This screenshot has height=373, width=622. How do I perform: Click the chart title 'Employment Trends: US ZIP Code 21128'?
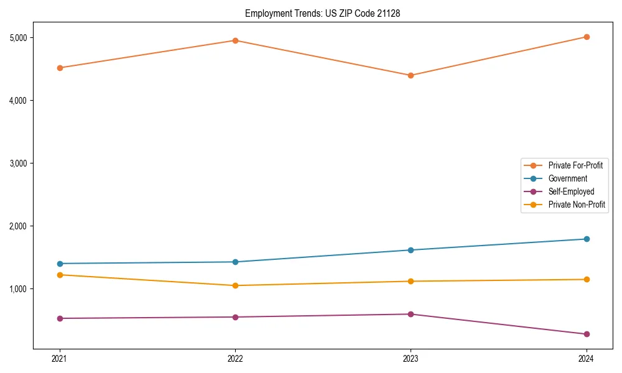[322, 13]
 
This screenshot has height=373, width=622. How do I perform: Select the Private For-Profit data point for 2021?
[60, 68]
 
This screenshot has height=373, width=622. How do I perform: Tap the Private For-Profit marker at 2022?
[235, 40]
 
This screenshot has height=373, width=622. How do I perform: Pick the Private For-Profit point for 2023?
[411, 75]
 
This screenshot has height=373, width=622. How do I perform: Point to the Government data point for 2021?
[60, 264]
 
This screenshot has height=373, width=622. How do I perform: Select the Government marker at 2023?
[411, 250]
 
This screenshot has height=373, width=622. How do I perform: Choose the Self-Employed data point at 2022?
[235, 317]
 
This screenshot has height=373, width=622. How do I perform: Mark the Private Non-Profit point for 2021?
[60, 275]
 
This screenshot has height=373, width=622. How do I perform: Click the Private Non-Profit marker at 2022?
[235, 285]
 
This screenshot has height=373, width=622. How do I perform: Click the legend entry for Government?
[567, 178]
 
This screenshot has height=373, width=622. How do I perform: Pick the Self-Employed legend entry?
[571, 191]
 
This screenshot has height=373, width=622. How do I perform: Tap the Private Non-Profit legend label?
[577, 205]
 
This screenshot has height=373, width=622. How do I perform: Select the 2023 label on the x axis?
[411, 358]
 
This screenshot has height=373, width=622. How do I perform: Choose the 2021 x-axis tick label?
[60, 358]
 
